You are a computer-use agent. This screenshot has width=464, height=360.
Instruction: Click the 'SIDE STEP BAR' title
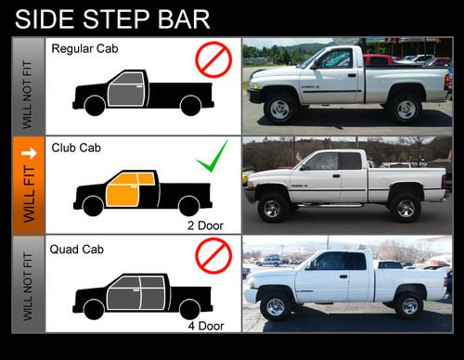(112, 19)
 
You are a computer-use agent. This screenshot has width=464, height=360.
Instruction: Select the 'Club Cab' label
(77, 148)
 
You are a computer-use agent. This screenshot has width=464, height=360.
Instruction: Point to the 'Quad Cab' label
(79, 249)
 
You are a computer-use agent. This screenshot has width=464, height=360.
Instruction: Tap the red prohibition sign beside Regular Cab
(213, 60)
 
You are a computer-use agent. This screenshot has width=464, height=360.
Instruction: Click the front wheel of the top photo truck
(278, 109)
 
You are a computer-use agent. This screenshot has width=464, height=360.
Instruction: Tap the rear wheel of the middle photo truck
(404, 208)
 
